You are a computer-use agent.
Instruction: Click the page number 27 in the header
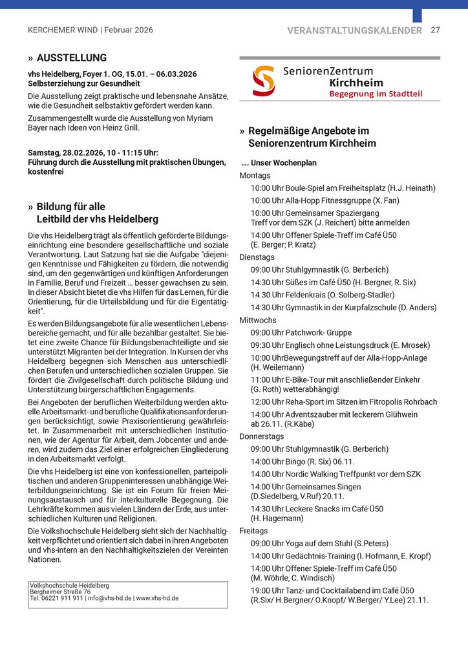pos(435,30)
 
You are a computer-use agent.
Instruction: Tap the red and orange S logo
pos(263,81)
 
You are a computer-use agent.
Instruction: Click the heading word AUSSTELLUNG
pos(72,58)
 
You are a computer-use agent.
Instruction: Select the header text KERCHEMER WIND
pos(63,30)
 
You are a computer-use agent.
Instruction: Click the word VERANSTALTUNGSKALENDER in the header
pos(354,30)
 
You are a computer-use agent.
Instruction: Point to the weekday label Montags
pos(255,175)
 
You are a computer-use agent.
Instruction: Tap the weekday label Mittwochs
pos(258,320)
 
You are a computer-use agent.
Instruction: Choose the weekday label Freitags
pos(253,531)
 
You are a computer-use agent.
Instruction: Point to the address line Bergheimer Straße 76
pos(60,592)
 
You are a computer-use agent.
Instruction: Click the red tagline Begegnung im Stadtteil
pos(376,94)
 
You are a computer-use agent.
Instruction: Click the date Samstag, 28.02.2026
pos(63,152)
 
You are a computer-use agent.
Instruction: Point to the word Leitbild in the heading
pos(54,220)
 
